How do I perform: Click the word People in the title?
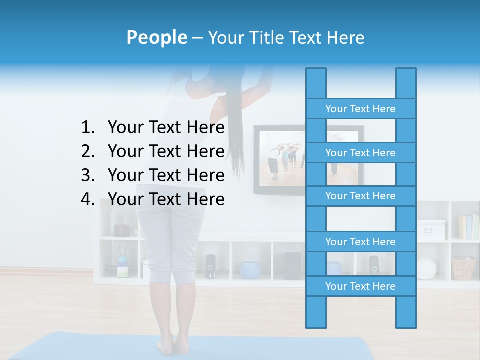tap(156, 37)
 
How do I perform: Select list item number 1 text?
tap(166, 128)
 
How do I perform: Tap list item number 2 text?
tap(166, 151)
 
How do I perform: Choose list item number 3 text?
tap(166, 175)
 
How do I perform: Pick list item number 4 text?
tap(166, 199)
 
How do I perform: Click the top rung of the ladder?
tap(360, 109)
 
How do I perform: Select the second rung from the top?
tap(360, 153)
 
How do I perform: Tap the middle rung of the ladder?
tap(360, 196)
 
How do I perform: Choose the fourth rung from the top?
tap(360, 242)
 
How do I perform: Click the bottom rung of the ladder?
tap(360, 286)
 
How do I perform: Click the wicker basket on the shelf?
tap(463, 268)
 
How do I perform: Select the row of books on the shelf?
tap(468, 227)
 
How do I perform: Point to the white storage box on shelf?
tap(430, 229)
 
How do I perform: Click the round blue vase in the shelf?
tap(250, 269)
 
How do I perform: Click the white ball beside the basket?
tap(426, 269)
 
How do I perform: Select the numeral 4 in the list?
tap(87, 199)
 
